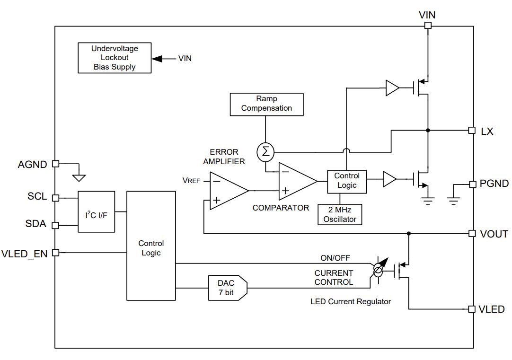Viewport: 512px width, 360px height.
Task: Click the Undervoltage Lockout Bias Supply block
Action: click(115, 58)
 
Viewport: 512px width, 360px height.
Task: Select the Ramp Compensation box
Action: click(266, 105)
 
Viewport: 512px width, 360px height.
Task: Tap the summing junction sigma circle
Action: click(265, 152)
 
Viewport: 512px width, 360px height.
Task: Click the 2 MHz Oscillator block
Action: click(340, 214)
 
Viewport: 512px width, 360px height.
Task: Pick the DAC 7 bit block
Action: click(228, 288)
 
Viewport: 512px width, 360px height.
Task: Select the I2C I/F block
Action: click(97, 212)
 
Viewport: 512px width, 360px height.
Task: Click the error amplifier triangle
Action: click(229, 191)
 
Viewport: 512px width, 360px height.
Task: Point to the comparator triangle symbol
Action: click(298, 182)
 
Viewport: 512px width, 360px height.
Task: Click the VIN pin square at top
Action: click(428, 25)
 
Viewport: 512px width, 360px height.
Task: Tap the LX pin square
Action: click(471, 130)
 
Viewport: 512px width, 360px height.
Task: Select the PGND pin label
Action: click(494, 184)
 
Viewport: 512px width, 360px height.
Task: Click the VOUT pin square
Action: click(471, 233)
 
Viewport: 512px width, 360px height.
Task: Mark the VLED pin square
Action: click(471, 309)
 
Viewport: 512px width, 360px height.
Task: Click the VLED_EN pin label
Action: click(25, 254)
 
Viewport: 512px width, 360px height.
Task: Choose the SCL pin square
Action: click(56, 198)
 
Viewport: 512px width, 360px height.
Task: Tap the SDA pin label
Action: click(35, 224)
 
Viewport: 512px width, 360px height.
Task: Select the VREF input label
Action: click(191, 181)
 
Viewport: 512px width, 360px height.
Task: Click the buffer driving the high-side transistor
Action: click(392, 88)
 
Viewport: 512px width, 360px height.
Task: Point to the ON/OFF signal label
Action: click(335, 258)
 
